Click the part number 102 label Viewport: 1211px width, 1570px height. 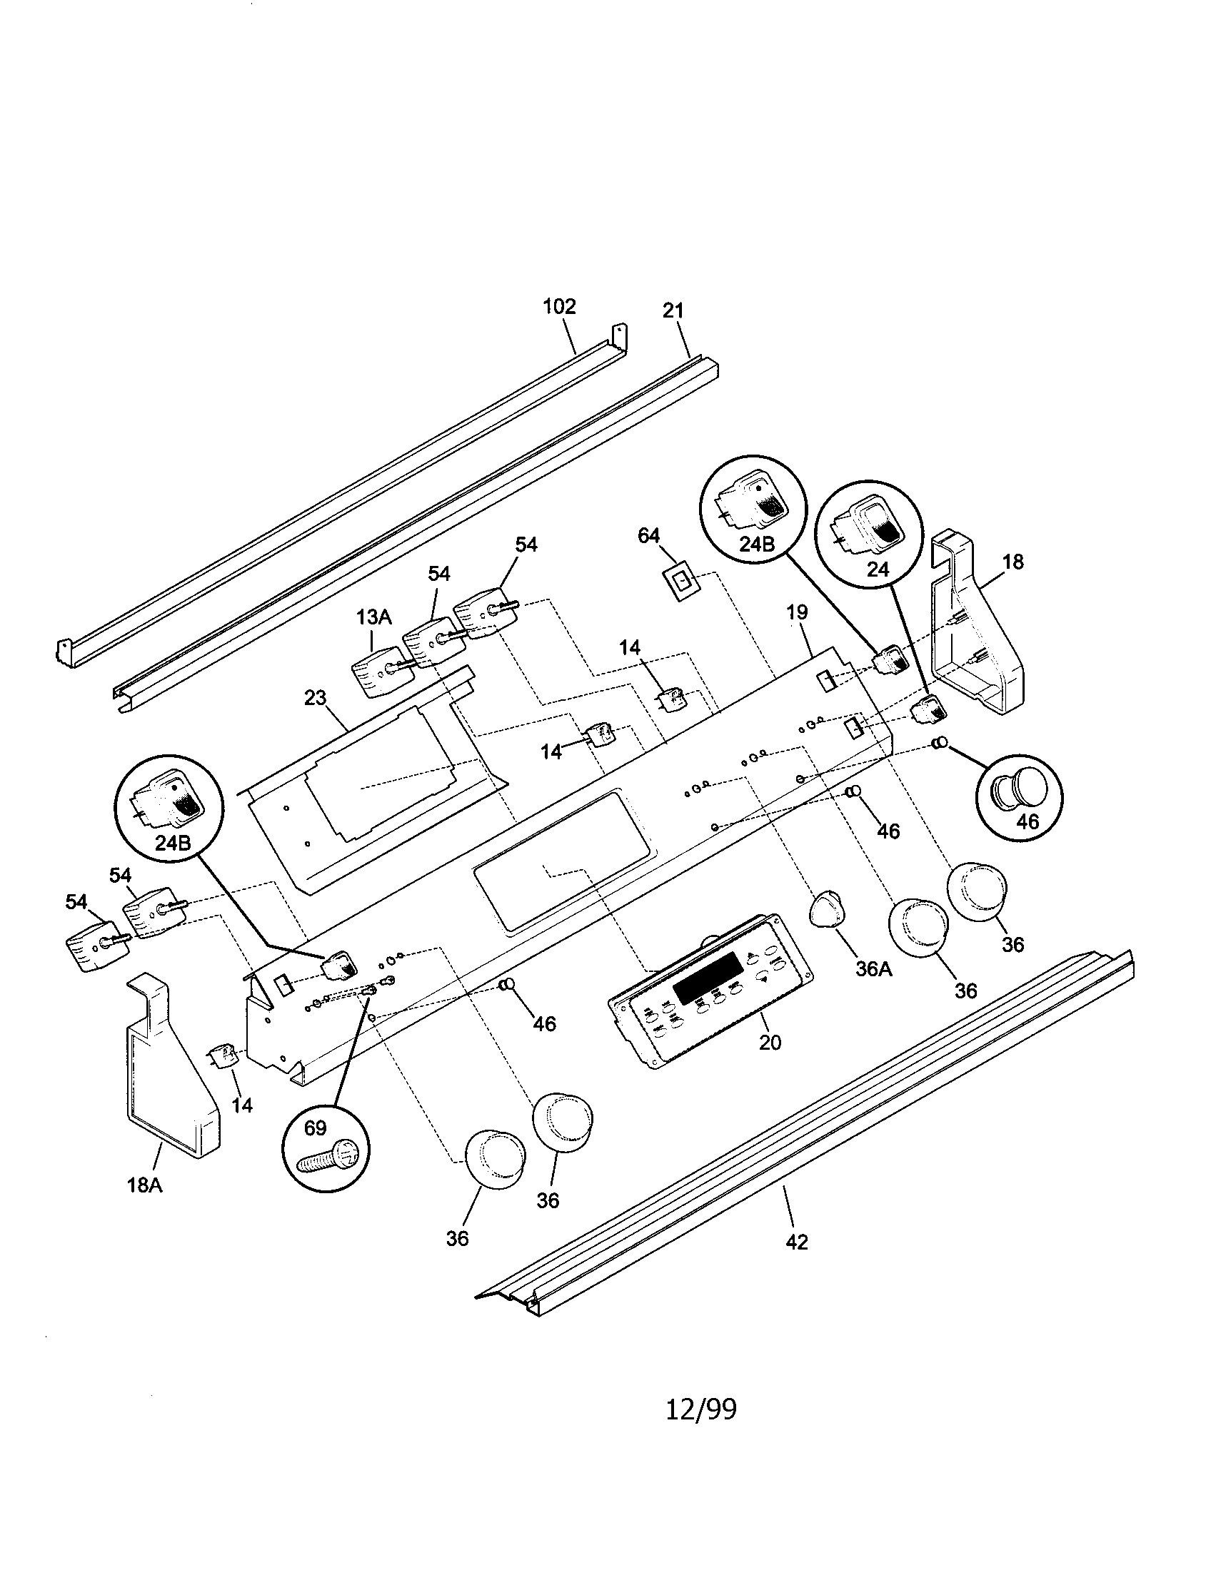click(x=559, y=306)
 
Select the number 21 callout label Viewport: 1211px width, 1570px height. click(x=673, y=310)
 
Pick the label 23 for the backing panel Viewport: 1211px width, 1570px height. click(x=315, y=697)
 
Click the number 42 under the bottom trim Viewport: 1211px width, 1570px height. click(x=797, y=1242)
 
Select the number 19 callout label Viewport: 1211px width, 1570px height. click(x=796, y=612)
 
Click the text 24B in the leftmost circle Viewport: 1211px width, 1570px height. click(x=173, y=843)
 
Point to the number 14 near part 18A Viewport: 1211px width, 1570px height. click(x=241, y=1105)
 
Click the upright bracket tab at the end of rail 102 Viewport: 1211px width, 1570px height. click(x=619, y=336)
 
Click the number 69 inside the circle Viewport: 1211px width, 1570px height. click(x=315, y=1128)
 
